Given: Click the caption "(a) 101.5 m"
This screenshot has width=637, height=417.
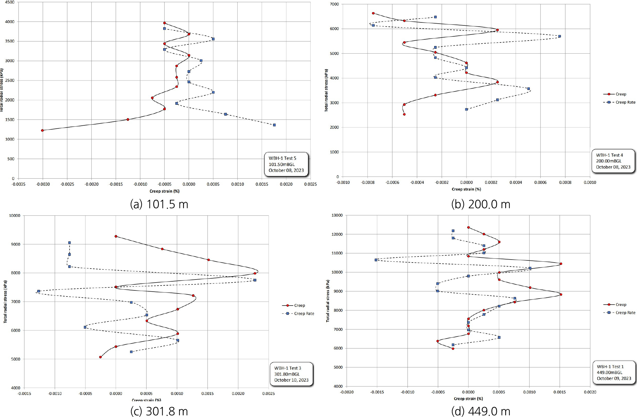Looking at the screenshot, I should pos(159,204).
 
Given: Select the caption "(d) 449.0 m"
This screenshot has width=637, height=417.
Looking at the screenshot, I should pos(480,411).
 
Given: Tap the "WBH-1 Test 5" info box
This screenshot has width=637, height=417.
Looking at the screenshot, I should pos(286,164).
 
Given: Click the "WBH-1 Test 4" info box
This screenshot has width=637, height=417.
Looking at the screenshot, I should pos(613,161).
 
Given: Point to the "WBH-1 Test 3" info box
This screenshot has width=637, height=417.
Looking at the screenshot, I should pos(291,374).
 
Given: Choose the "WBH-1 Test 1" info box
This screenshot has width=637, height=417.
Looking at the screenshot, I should pos(614,372).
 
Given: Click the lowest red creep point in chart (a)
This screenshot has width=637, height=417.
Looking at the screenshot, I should pos(42,131).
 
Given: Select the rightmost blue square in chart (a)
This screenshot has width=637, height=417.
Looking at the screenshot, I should pos(274,125).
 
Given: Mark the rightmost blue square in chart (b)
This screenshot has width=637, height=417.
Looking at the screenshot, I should pos(559,36).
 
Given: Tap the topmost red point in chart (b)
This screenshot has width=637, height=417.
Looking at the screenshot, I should pos(373,13).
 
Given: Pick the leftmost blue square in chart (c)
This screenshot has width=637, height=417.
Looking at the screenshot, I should pos(38,291).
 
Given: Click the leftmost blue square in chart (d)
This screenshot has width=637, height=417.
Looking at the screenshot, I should pos(376,260).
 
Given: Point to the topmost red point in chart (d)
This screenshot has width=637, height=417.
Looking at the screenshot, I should pos(468,227).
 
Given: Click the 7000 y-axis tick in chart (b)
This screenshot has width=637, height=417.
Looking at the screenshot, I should pos(335,4).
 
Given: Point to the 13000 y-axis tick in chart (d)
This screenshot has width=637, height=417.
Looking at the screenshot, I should pos(337,215).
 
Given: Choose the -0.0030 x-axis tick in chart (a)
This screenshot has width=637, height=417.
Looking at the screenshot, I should pos(43,184).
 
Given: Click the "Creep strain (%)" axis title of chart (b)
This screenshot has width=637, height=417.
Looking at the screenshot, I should pos(466,189).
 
